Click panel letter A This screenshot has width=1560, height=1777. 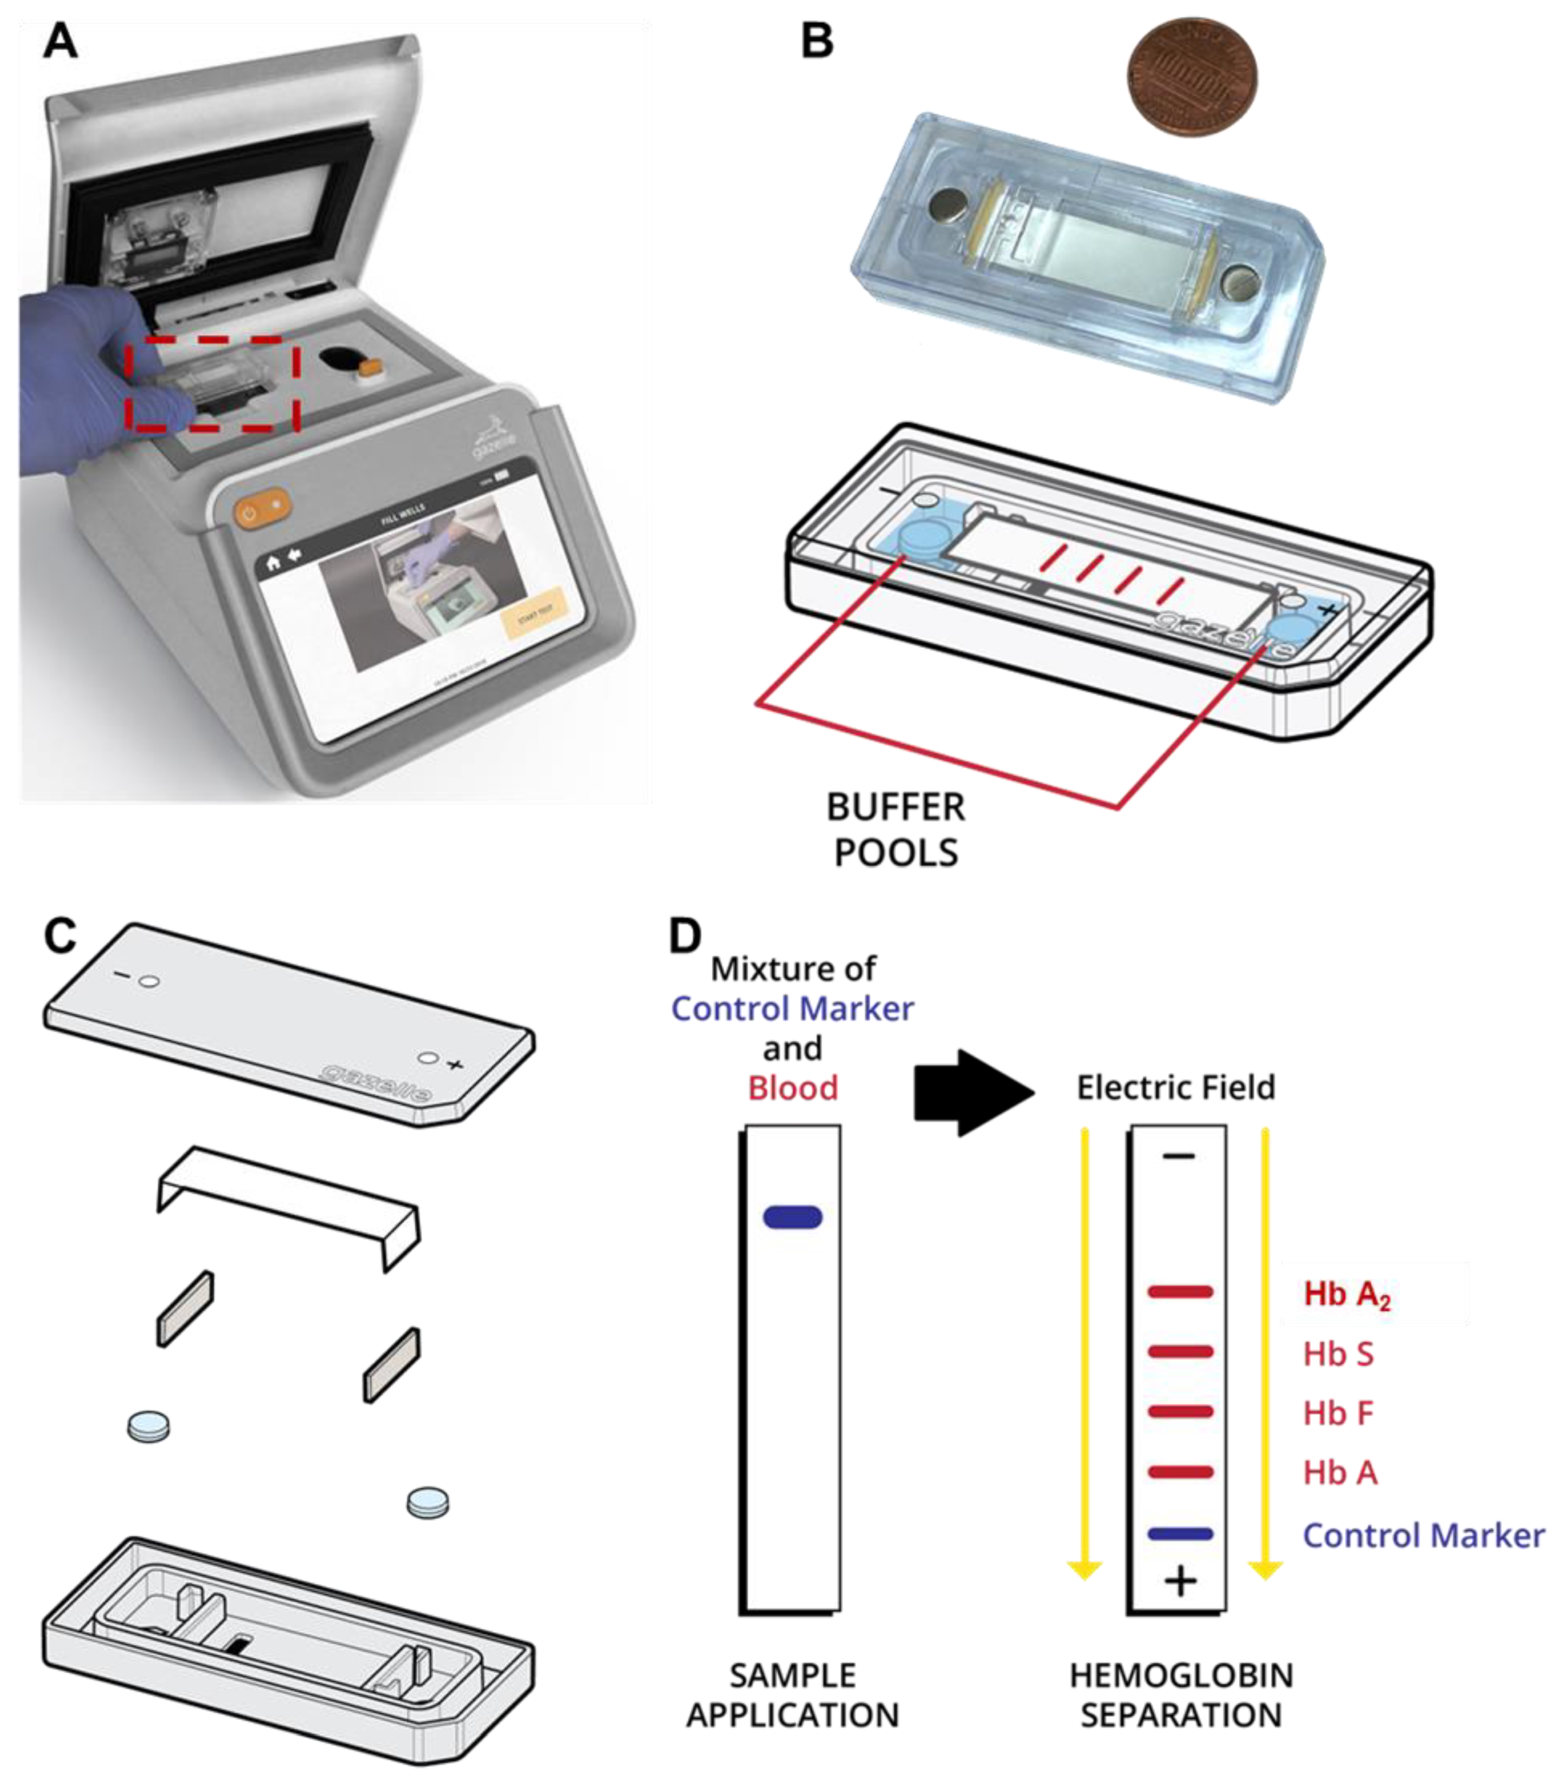pos(60,41)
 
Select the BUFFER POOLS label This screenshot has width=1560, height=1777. pos(896,830)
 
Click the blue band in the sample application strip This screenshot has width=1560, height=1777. pos(792,1217)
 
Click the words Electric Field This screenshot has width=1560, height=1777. pos(1176,1087)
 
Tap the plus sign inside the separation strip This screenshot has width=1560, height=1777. pos(1180,1581)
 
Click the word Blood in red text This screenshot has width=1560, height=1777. pos(792,1088)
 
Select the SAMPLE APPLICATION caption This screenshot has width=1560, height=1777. pos(792,1695)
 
